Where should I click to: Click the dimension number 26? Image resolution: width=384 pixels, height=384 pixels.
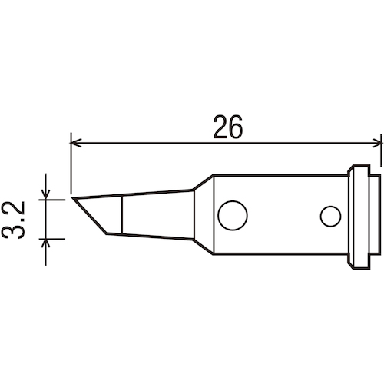point(227,127)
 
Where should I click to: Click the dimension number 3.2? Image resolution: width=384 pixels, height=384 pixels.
point(13,220)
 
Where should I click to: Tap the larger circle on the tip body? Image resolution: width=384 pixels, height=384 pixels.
point(233,215)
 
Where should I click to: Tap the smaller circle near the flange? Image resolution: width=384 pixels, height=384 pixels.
point(330,217)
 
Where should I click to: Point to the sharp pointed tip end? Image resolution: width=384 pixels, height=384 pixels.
point(72,198)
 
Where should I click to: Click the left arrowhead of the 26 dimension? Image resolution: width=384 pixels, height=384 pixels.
point(76,143)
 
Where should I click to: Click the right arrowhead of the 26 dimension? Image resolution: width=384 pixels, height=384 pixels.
point(377,143)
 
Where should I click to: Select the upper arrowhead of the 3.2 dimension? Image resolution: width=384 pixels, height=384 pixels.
point(45,194)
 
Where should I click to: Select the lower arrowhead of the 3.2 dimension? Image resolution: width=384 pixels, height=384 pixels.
point(45,243)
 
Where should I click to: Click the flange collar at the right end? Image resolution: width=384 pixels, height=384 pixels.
point(359,217)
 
